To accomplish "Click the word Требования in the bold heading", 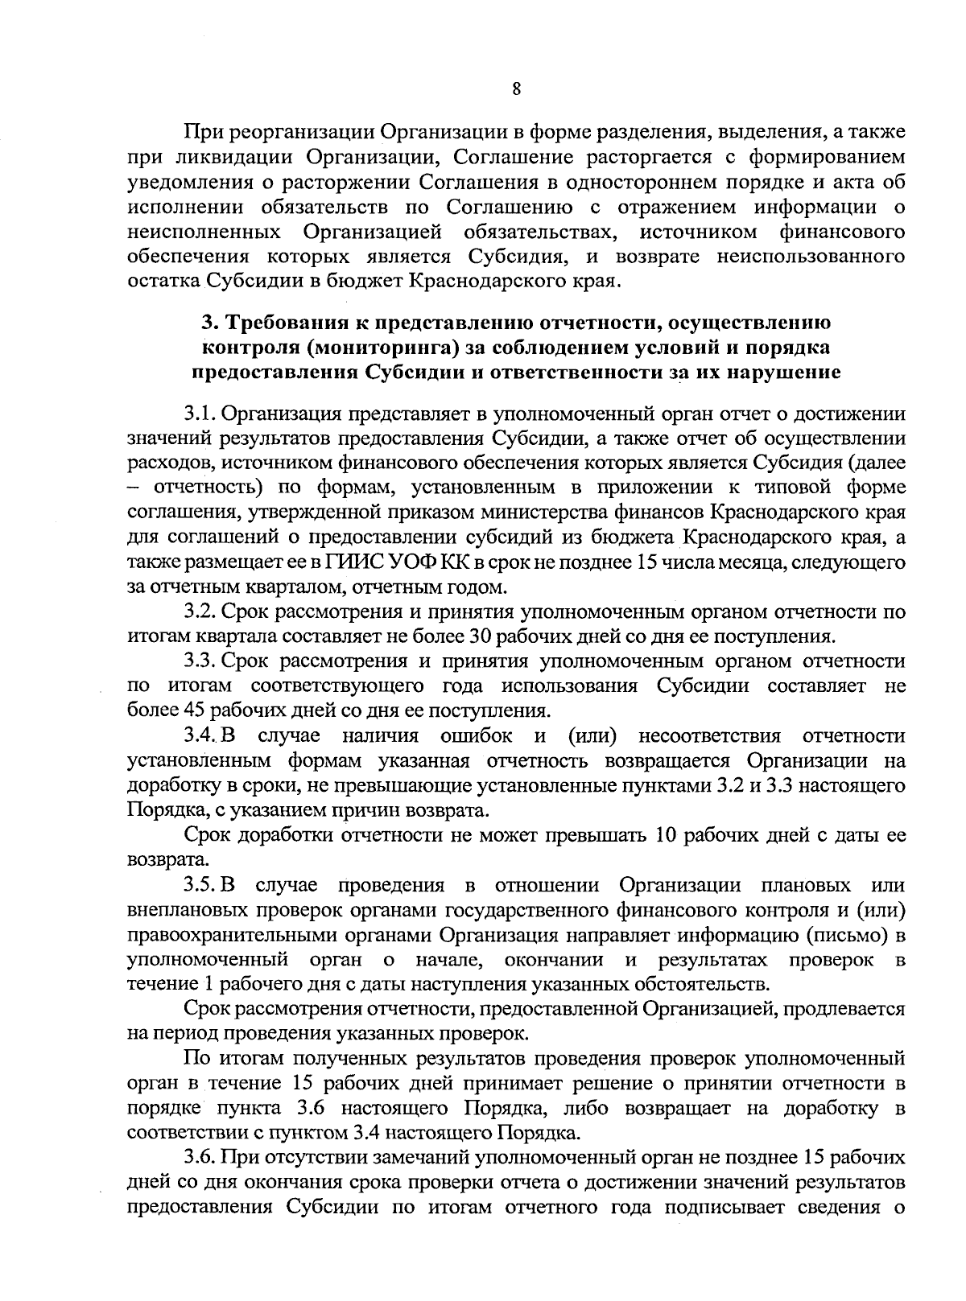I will [x=281, y=323].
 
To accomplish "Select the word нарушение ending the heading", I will [x=785, y=373].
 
